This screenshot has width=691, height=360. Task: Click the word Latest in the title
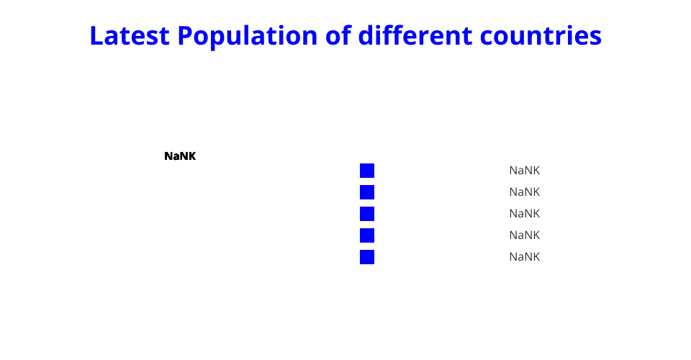[x=130, y=35]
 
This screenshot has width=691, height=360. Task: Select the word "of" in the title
[x=338, y=35]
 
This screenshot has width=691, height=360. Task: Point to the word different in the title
[x=415, y=35]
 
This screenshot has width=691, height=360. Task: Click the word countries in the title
[x=541, y=35]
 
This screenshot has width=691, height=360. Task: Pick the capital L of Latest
[x=96, y=35]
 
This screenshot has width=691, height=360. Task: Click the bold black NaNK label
[x=180, y=156]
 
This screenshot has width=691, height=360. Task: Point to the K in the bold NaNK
[x=192, y=156]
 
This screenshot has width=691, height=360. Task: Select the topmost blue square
[x=367, y=171]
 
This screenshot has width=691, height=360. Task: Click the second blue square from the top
[x=367, y=192]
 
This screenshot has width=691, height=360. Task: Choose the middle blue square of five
[x=367, y=214]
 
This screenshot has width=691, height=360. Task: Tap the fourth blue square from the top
[x=367, y=235]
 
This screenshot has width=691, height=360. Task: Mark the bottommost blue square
[x=367, y=257]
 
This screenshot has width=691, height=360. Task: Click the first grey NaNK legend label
[x=525, y=171]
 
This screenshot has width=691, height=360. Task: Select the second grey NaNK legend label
[x=525, y=192]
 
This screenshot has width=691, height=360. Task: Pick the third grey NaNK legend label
[x=525, y=214]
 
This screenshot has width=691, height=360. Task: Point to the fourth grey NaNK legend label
[x=525, y=235]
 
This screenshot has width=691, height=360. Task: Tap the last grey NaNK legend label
[x=525, y=257]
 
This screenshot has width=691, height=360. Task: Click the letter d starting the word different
[x=366, y=35]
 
